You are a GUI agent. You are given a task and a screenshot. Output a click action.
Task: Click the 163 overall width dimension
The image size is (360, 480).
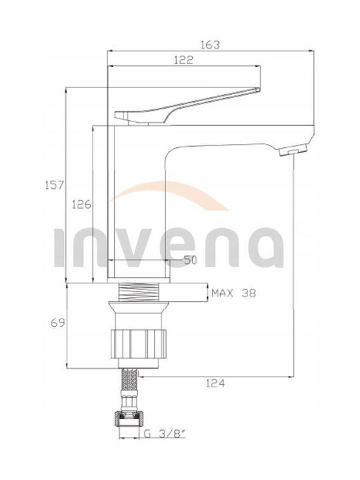[x=210, y=45]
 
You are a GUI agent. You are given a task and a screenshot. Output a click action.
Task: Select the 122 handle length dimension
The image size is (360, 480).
[x=184, y=60]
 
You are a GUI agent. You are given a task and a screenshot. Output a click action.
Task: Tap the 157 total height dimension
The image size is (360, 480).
[x=54, y=185]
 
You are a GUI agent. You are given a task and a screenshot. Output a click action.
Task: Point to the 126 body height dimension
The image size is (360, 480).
[x=81, y=204]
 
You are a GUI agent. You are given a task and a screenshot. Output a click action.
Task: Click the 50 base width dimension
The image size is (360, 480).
[x=190, y=260]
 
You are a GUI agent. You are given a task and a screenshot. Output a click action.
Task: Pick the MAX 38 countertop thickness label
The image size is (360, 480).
[x=233, y=293]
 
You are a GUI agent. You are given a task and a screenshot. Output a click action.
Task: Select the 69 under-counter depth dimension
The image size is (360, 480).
[x=58, y=323]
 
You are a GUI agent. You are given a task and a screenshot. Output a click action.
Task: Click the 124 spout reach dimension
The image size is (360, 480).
[x=215, y=383]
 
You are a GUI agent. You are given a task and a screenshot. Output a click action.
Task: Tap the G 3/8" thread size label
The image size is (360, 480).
[x=165, y=433]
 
